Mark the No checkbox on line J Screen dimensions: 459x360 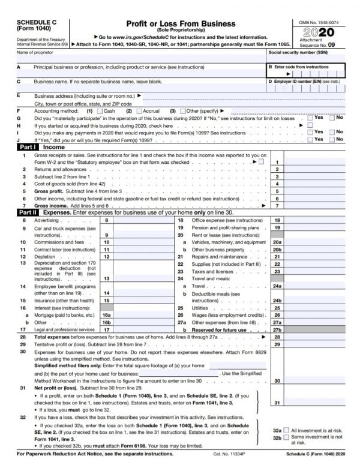tap(332, 139)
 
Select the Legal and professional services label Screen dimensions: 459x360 tap(65, 329)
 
